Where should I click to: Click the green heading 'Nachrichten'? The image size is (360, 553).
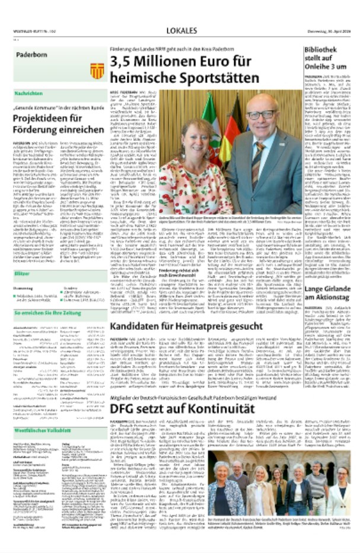pos(28,94)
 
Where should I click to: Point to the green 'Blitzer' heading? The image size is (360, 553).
pos(23,274)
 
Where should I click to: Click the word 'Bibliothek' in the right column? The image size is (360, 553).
pos(323,50)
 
